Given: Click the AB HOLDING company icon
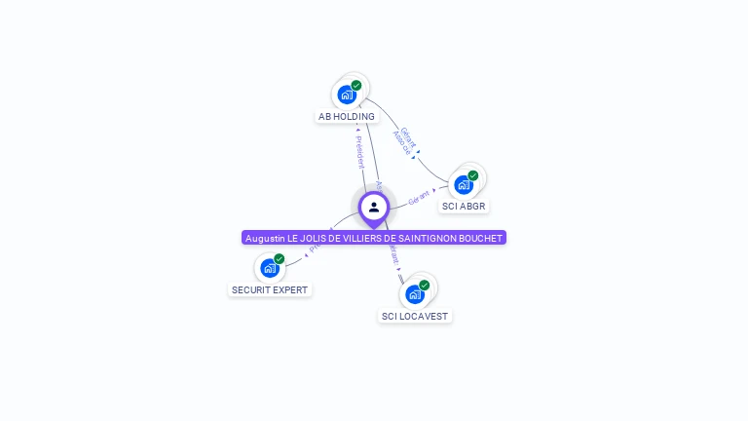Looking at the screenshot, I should coord(346,95).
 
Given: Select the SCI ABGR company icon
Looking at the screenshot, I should coord(464,184).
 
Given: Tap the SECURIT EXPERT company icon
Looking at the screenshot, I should coord(270,268).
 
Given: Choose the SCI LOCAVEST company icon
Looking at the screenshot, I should coord(415,293).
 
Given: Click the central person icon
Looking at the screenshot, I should coord(374,207).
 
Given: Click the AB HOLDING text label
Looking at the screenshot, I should coord(347,117).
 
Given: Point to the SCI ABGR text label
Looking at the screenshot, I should coord(464,207).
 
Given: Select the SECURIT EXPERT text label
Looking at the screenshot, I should coord(270,290).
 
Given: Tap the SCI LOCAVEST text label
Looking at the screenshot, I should coord(415,317).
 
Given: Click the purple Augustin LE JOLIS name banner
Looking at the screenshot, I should coord(374,238).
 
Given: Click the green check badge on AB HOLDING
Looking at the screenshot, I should coord(356,86).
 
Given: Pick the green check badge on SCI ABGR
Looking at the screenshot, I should coord(473,176).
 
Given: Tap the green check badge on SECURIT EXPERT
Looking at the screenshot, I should coord(280,259).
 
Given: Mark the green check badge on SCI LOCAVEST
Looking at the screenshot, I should coord(425,286).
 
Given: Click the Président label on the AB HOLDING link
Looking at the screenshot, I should coord(359,151).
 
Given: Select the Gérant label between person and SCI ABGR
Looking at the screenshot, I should coord(419,197).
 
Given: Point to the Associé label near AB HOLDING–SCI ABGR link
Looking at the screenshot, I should coord(400,143).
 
